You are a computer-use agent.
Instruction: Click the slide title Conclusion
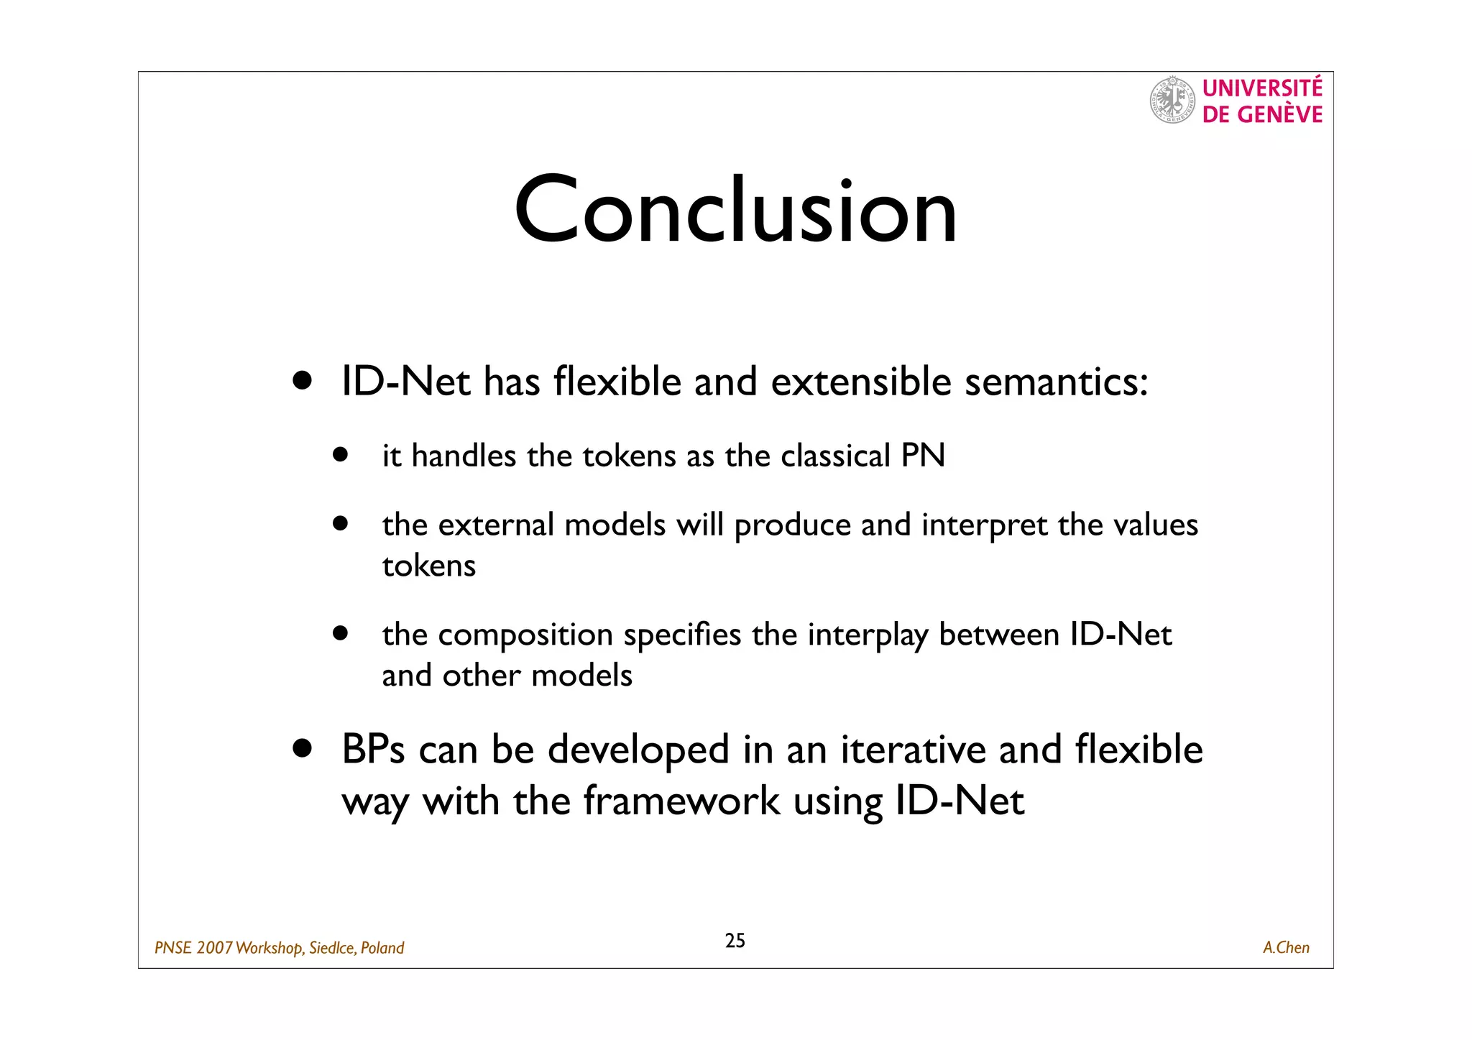(x=735, y=211)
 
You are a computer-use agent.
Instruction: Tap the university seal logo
(x=1172, y=100)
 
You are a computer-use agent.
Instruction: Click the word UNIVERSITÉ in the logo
(x=1262, y=88)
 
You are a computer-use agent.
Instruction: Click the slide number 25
(x=735, y=941)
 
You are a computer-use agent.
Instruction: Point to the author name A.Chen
(x=1286, y=948)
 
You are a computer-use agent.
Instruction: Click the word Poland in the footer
(x=382, y=948)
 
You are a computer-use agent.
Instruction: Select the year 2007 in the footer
(x=214, y=948)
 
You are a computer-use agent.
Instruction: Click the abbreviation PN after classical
(x=923, y=456)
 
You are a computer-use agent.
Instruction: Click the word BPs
(x=373, y=750)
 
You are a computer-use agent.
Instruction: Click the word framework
(x=681, y=801)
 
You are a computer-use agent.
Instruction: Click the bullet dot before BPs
(x=303, y=749)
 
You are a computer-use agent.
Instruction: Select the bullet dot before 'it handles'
(x=340, y=455)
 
